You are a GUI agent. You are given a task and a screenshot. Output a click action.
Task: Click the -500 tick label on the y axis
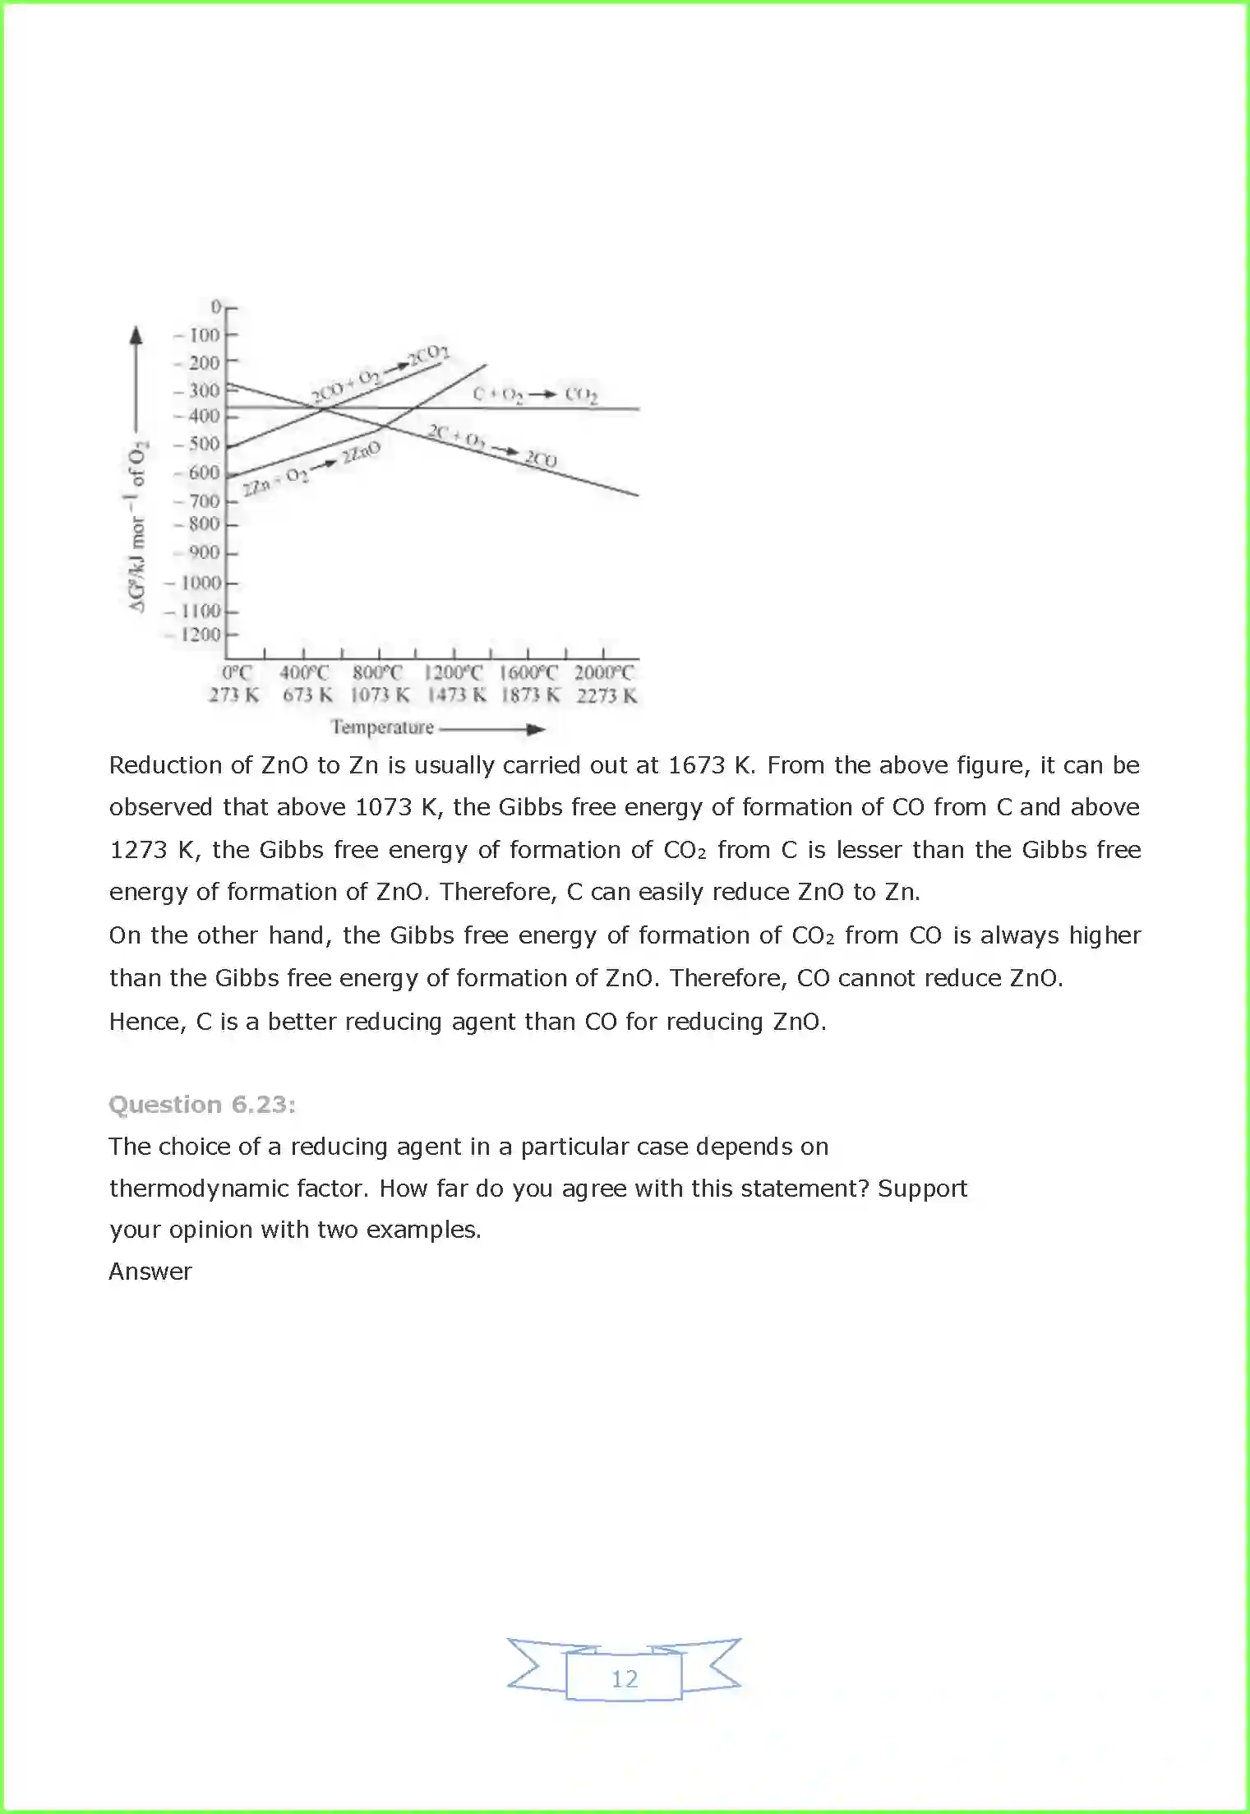pyautogui.click(x=198, y=445)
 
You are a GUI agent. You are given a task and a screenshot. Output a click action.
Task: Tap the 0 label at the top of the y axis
pyautogui.click(x=216, y=307)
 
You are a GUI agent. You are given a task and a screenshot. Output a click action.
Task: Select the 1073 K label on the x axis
pyautogui.click(x=380, y=695)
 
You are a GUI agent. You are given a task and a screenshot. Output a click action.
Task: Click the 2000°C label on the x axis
pyautogui.click(x=604, y=673)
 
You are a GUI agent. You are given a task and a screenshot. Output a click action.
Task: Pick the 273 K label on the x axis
pyautogui.click(x=234, y=695)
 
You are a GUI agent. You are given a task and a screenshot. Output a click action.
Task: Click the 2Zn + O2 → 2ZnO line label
pyautogui.click(x=311, y=468)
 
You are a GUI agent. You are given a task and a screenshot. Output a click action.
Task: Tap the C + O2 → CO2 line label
pyautogui.click(x=535, y=395)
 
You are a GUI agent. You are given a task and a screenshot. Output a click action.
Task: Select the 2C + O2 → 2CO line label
pyautogui.click(x=491, y=446)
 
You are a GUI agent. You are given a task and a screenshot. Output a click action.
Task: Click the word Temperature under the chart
pyautogui.click(x=382, y=727)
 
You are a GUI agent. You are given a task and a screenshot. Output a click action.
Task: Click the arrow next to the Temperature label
pyautogui.click(x=493, y=729)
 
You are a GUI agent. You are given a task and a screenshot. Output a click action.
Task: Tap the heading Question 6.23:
pyautogui.click(x=202, y=1104)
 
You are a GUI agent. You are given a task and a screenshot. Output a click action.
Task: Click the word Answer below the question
pyautogui.click(x=150, y=1272)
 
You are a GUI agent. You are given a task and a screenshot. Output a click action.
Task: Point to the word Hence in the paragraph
pyautogui.click(x=147, y=1022)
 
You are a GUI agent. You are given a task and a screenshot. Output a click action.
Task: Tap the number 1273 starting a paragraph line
pyautogui.click(x=138, y=850)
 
